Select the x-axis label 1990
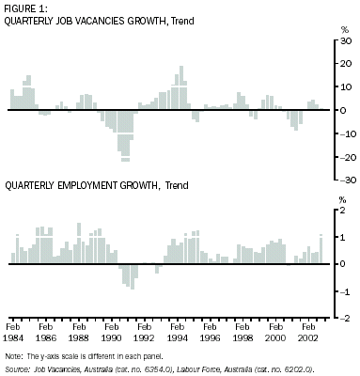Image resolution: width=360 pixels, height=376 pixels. (x=111, y=336)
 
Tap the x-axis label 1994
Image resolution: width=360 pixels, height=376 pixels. (x=176, y=336)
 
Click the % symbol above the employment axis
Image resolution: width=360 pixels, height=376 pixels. (x=341, y=200)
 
